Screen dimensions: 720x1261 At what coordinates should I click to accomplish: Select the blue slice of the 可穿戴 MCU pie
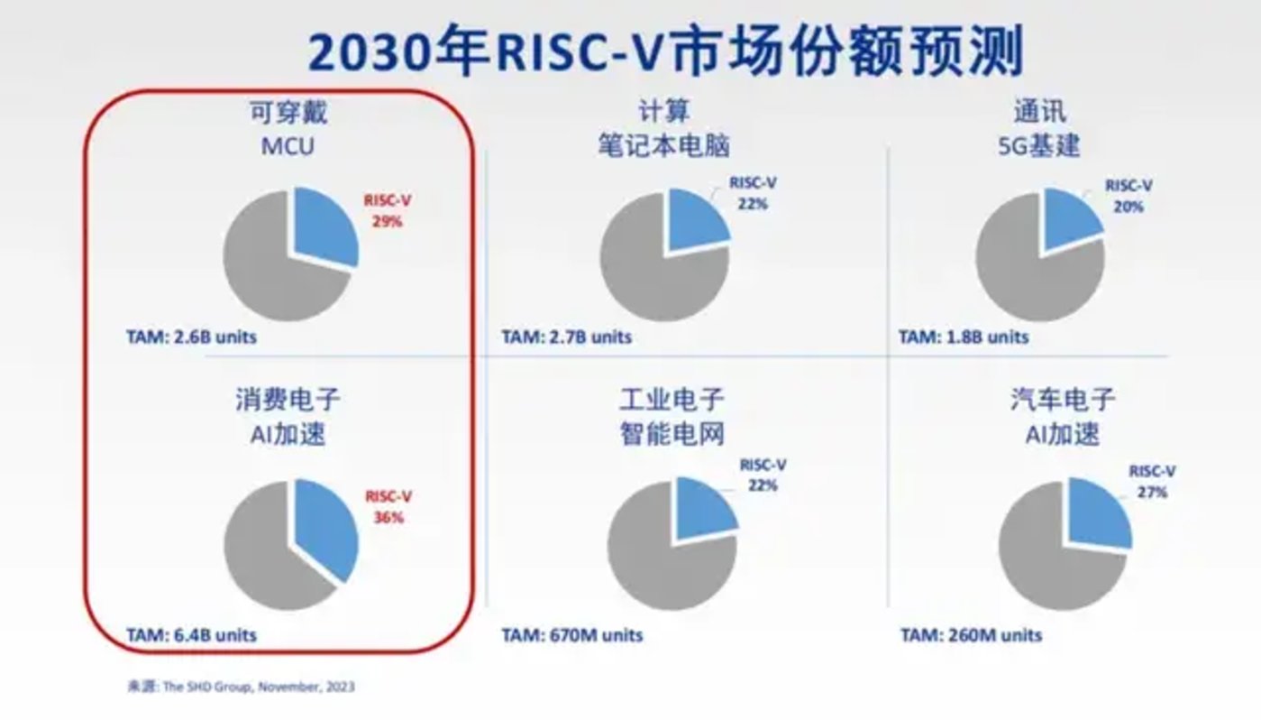point(323,226)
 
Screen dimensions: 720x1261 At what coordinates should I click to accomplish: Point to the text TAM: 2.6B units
point(191,337)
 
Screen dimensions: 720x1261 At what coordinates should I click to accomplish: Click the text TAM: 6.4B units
point(191,634)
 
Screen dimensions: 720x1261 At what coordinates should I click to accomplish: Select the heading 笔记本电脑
point(662,145)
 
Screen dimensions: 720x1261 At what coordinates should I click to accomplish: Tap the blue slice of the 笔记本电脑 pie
point(694,222)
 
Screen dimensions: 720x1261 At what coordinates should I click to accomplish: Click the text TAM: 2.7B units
point(567,337)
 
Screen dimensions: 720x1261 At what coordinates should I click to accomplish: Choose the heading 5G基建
point(1038,145)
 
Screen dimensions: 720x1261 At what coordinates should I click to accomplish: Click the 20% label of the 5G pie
point(1129,206)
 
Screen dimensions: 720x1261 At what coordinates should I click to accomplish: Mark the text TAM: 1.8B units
point(964,337)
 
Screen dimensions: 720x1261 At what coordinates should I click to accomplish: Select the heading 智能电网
point(672,434)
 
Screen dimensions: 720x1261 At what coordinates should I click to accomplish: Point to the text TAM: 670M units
point(572,634)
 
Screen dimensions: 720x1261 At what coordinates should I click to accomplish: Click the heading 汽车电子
point(1063,399)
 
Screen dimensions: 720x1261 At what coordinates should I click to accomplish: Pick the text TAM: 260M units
point(971,634)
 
